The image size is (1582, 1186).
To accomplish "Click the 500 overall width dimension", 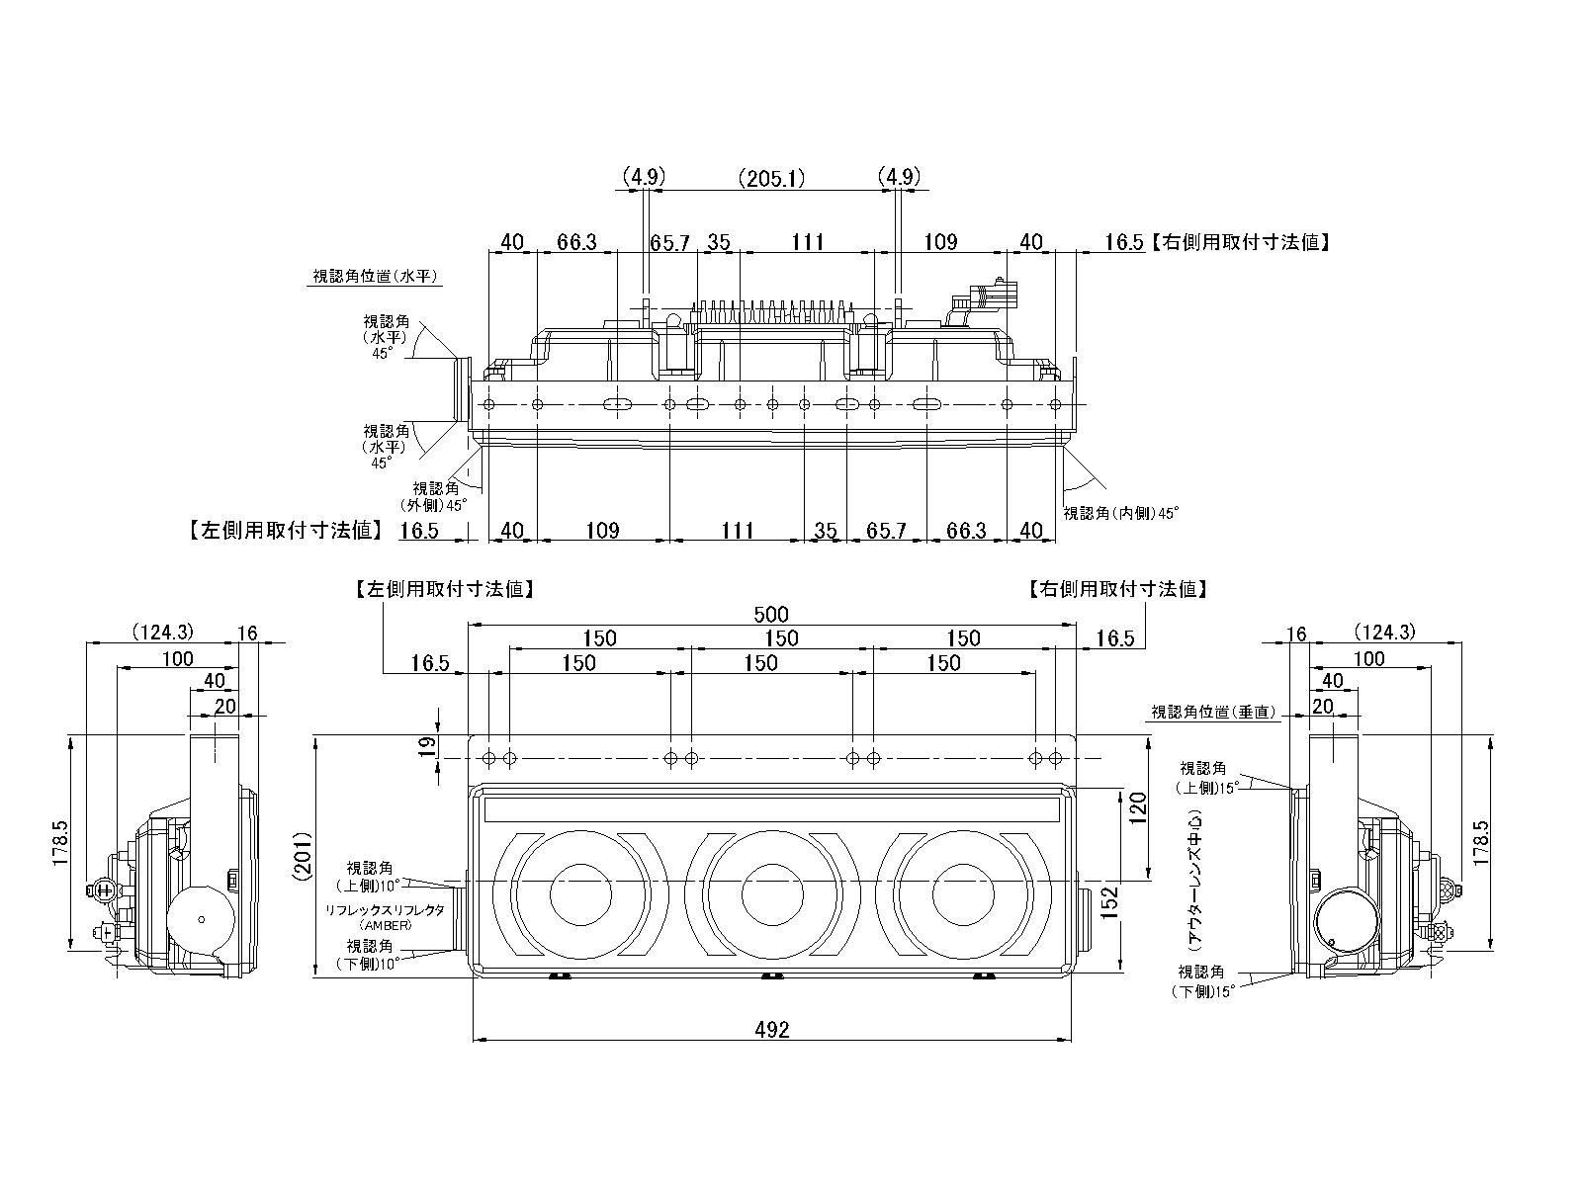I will coord(771,614).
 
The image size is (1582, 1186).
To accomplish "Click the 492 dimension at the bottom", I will coord(771,1030).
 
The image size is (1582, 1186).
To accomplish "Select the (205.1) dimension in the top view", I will coord(771,178).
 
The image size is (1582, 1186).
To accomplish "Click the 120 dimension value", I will coord(1137,810).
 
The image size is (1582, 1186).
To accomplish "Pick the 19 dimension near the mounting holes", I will coord(427,747).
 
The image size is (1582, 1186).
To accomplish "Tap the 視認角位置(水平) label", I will coord(376,277).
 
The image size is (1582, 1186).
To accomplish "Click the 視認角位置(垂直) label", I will coord(1213,712).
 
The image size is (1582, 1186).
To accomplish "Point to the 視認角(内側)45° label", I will coord(1121,513).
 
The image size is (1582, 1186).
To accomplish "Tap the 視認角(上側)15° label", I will coord(1207,778).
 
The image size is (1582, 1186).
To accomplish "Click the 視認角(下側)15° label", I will coord(1205,982).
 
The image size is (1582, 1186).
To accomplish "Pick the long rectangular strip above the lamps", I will coord(771,810).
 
